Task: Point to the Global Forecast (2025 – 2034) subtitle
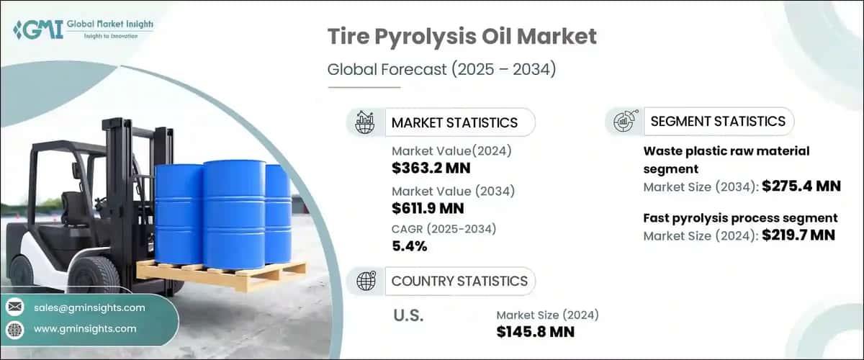[x=441, y=70]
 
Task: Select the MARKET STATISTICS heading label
[x=454, y=122]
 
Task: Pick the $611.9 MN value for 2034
[x=428, y=209]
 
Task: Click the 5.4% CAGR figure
[x=410, y=246]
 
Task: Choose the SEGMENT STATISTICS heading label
[x=717, y=121]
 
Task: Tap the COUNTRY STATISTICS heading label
[x=459, y=281]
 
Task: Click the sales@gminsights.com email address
[x=89, y=307]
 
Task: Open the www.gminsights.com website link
[x=84, y=329]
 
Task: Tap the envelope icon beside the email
[x=15, y=307]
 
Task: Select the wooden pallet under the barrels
[x=223, y=274]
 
